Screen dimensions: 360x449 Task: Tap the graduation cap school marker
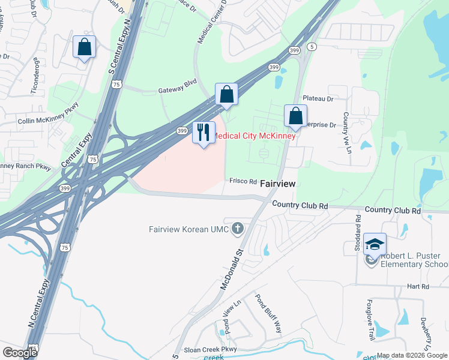coord(375,245)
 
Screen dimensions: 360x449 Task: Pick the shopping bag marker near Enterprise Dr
coord(295,116)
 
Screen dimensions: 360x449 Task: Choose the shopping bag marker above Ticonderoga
coord(84,47)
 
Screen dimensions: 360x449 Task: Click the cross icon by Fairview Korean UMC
coord(238,228)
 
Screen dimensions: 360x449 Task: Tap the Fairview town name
coord(277,184)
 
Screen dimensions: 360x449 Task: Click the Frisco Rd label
coord(243,181)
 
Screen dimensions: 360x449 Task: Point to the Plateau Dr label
coord(318,98)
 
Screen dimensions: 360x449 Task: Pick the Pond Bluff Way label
coord(268,313)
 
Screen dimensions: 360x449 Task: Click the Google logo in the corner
coord(20,353)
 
